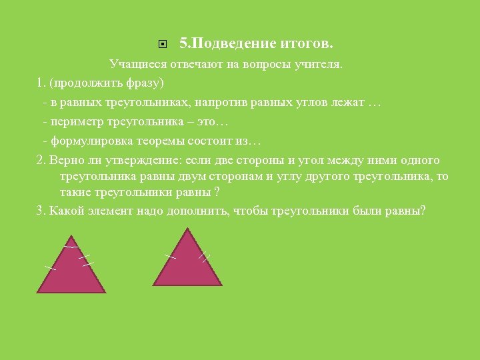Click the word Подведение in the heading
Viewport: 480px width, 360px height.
click(x=233, y=44)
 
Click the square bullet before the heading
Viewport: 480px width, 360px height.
click(x=163, y=45)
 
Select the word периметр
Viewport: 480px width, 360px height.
click(x=75, y=123)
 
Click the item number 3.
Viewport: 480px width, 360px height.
click(x=39, y=211)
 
